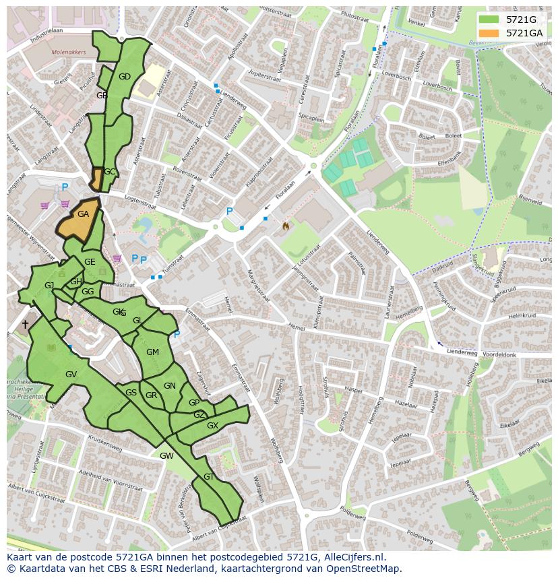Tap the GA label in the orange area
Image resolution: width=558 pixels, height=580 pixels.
83,214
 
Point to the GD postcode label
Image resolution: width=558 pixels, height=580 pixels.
125,77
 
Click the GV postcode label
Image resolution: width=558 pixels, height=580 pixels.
71,375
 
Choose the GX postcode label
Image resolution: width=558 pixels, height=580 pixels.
213,426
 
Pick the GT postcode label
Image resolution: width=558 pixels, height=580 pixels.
209,476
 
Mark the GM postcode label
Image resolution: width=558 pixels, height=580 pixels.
153,352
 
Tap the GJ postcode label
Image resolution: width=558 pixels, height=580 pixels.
49,286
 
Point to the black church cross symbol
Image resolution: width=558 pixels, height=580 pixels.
25,324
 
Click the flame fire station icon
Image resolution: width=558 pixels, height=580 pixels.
286,226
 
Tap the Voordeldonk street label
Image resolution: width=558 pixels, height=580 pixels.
499,354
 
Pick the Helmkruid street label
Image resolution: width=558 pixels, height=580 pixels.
522,316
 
